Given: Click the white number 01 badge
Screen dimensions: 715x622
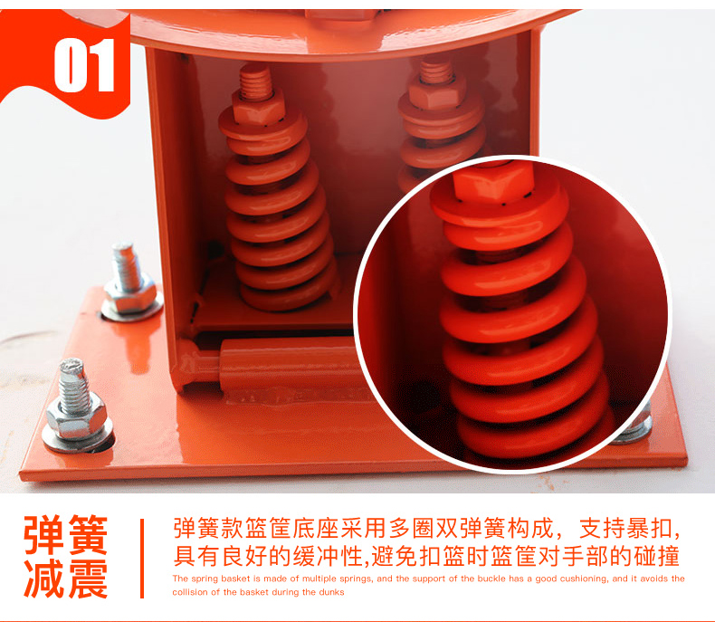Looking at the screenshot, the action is (84, 65).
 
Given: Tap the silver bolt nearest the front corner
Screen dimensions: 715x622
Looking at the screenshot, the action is (77, 407).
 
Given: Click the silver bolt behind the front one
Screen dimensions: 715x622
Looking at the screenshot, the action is (131, 282).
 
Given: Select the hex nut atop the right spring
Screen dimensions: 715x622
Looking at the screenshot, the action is (436, 92).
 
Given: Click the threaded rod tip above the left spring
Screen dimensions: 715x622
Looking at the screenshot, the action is (256, 81).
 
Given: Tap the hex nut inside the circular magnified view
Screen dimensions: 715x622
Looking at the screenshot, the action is (494, 181).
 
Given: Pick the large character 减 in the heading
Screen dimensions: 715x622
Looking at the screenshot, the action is (43, 578).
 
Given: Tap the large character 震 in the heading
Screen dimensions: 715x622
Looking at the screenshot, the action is (89, 578).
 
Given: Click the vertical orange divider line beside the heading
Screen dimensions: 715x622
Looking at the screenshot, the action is (142, 558).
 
